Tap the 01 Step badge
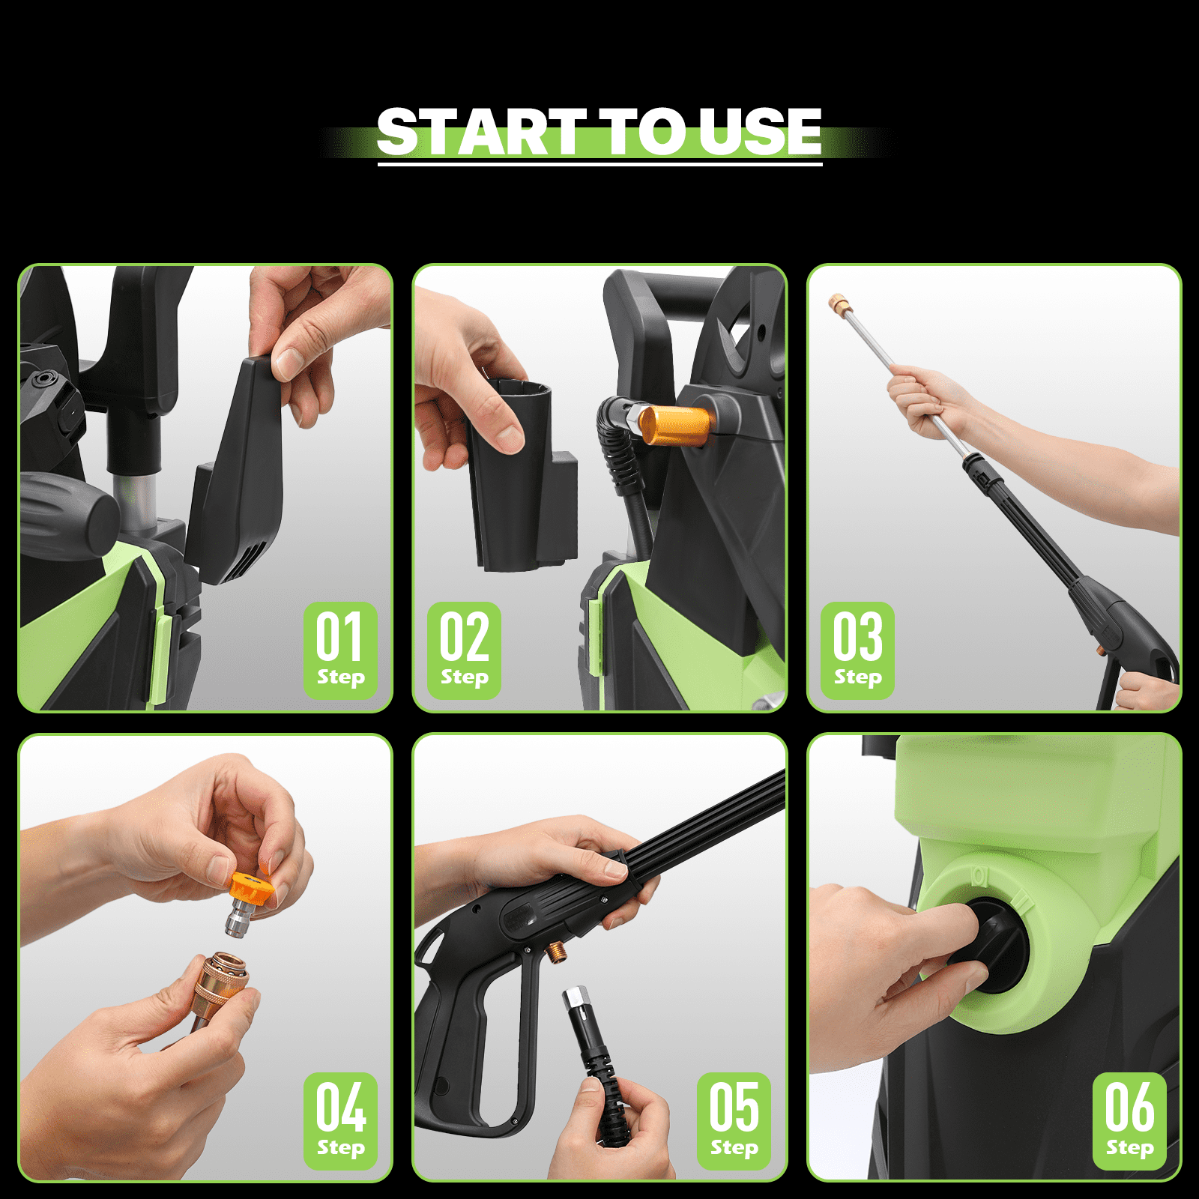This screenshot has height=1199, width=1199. (x=340, y=650)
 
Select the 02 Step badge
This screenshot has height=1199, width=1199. (x=464, y=650)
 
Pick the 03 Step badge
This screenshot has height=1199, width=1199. (x=857, y=650)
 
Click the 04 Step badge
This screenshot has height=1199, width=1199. (x=340, y=1120)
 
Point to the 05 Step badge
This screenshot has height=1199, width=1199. (x=734, y=1120)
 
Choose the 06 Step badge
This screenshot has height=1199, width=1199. (x=1129, y=1120)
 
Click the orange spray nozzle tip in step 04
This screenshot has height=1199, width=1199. (x=250, y=890)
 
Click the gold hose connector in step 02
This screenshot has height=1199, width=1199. (x=674, y=425)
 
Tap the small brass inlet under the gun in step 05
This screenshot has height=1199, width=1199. (x=556, y=953)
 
